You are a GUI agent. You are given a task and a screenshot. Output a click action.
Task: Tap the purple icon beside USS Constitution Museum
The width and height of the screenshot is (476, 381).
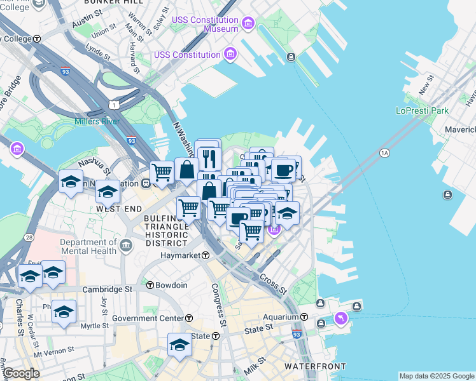pos(248,25)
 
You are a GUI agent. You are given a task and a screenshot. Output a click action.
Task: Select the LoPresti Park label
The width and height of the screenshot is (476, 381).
pos(422,110)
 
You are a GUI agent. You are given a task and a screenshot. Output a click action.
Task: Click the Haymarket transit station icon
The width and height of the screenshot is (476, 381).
pos(206,255)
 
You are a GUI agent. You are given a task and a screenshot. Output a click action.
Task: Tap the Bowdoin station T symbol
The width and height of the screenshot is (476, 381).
pos(150,285)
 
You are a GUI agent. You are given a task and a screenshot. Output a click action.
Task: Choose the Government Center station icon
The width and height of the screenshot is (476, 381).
pos(190,317)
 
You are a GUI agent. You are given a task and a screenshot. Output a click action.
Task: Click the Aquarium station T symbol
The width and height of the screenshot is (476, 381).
pos(304,317)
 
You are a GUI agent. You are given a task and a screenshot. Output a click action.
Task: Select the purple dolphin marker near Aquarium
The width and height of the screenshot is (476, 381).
pos(342,318)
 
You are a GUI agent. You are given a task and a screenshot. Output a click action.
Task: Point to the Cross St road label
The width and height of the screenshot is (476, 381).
pos(272,283)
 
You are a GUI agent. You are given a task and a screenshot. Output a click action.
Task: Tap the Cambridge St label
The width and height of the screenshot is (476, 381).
pos(106,288)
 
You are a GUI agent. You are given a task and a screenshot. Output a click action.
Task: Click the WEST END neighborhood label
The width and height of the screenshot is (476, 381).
pos(117,208)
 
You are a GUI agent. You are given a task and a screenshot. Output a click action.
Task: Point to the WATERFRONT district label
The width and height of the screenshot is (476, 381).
pos(315,366)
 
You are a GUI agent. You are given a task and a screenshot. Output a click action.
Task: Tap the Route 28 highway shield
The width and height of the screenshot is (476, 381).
pos(30,237)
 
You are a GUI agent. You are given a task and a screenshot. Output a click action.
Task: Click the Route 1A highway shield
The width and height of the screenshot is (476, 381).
pos(384,153)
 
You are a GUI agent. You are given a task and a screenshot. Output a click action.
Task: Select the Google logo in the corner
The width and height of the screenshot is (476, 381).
pos(21,373)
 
